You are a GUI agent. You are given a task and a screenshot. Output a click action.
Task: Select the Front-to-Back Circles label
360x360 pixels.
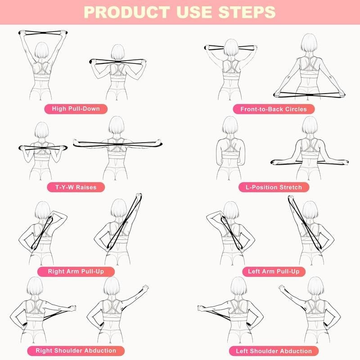(x=274, y=109)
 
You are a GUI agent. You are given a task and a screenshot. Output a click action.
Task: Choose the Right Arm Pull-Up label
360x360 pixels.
(x=81, y=271)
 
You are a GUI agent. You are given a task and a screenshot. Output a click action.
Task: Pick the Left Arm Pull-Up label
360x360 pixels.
(x=274, y=271)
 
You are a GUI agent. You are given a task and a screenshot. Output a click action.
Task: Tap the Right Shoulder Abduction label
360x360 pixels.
(x=82, y=350)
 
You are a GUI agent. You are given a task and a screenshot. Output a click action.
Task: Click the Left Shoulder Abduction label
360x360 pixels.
(x=274, y=351)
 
